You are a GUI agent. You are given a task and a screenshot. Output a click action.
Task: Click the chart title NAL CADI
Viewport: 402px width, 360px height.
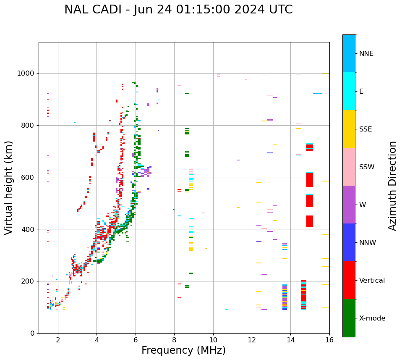(178, 10)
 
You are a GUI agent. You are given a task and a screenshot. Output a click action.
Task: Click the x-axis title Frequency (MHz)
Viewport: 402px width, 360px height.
(183, 350)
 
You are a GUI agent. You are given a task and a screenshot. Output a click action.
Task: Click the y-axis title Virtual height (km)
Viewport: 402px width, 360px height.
(9, 187)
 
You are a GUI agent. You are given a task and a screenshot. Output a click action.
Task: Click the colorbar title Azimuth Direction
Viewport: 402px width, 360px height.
(392, 185)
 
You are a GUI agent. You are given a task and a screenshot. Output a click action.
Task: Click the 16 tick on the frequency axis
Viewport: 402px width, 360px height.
(329, 340)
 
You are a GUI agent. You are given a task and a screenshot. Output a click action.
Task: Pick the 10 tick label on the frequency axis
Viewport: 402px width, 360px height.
(213, 340)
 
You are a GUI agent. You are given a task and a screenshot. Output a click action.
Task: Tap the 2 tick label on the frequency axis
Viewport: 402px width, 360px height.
(58, 340)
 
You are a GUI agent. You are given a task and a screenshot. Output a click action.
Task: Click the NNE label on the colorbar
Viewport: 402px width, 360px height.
(366, 54)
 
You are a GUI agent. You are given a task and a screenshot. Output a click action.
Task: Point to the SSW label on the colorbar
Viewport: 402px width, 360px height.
(367, 167)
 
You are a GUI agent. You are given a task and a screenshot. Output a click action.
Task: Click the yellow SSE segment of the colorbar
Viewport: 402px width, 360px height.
(349, 129)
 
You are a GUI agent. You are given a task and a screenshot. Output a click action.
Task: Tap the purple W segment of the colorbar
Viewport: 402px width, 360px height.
(349, 205)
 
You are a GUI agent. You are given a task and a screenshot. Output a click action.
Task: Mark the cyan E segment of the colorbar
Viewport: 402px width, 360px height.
(349, 91)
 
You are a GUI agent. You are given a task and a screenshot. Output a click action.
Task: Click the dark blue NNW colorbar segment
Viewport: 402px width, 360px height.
(349, 242)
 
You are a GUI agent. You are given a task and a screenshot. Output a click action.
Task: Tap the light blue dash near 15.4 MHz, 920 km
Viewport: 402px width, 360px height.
(318, 94)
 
